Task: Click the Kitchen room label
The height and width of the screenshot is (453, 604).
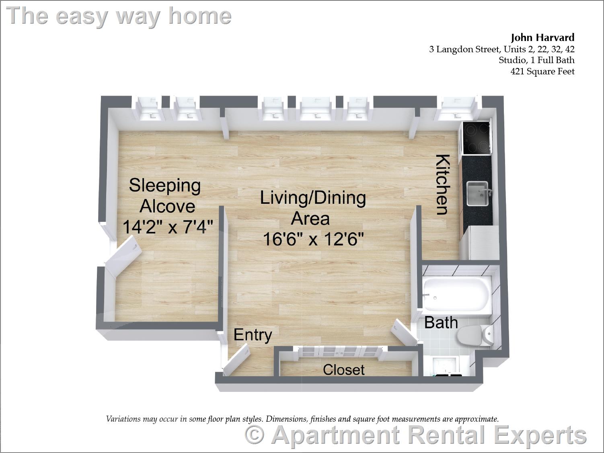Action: tap(442, 184)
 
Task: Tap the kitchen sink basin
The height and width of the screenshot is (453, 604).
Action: tap(477, 194)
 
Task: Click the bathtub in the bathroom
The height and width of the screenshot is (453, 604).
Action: tap(456, 296)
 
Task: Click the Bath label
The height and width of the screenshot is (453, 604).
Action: tap(441, 322)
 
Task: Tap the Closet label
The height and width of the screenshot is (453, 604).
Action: tap(343, 370)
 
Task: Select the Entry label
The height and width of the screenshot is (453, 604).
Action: tap(253, 334)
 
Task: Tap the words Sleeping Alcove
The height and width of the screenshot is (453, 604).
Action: tap(165, 196)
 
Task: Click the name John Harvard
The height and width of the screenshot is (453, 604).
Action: tap(542, 38)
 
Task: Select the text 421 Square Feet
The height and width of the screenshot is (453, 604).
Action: tap(542, 72)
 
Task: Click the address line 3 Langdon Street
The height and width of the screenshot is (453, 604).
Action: tap(501, 49)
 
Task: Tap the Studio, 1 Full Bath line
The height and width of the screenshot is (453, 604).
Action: tap(536, 60)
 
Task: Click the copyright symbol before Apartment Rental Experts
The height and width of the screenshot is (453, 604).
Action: tap(255, 435)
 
